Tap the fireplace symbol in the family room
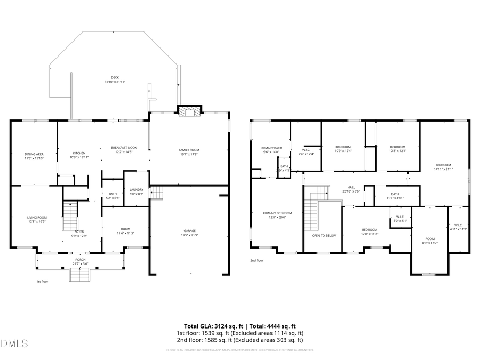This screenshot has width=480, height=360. pyautogui.click(x=188, y=111)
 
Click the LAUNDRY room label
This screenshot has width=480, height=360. pyautogui.click(x=136, y=189)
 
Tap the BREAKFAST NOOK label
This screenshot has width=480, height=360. pyautogui.click(x=124, y=147)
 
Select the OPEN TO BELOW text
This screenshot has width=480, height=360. pyautogui.click(x=324, y=235)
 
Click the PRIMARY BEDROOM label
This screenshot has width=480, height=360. pyautogui.click(x=277, y=213)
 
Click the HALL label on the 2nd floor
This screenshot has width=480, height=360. pyautogui.click(x=351, y=187)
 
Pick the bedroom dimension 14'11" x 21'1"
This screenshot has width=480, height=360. pyautogui.click(x=443, y=169)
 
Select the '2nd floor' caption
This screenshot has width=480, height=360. pyautogui.click(x=257, y=261)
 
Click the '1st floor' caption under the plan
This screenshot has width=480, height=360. pyautogui.click(x=42, y=281)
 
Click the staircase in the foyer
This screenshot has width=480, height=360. pyautogui.click(x=70, y=215)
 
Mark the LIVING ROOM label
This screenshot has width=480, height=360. pyautogui.click(x=37, y=217)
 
